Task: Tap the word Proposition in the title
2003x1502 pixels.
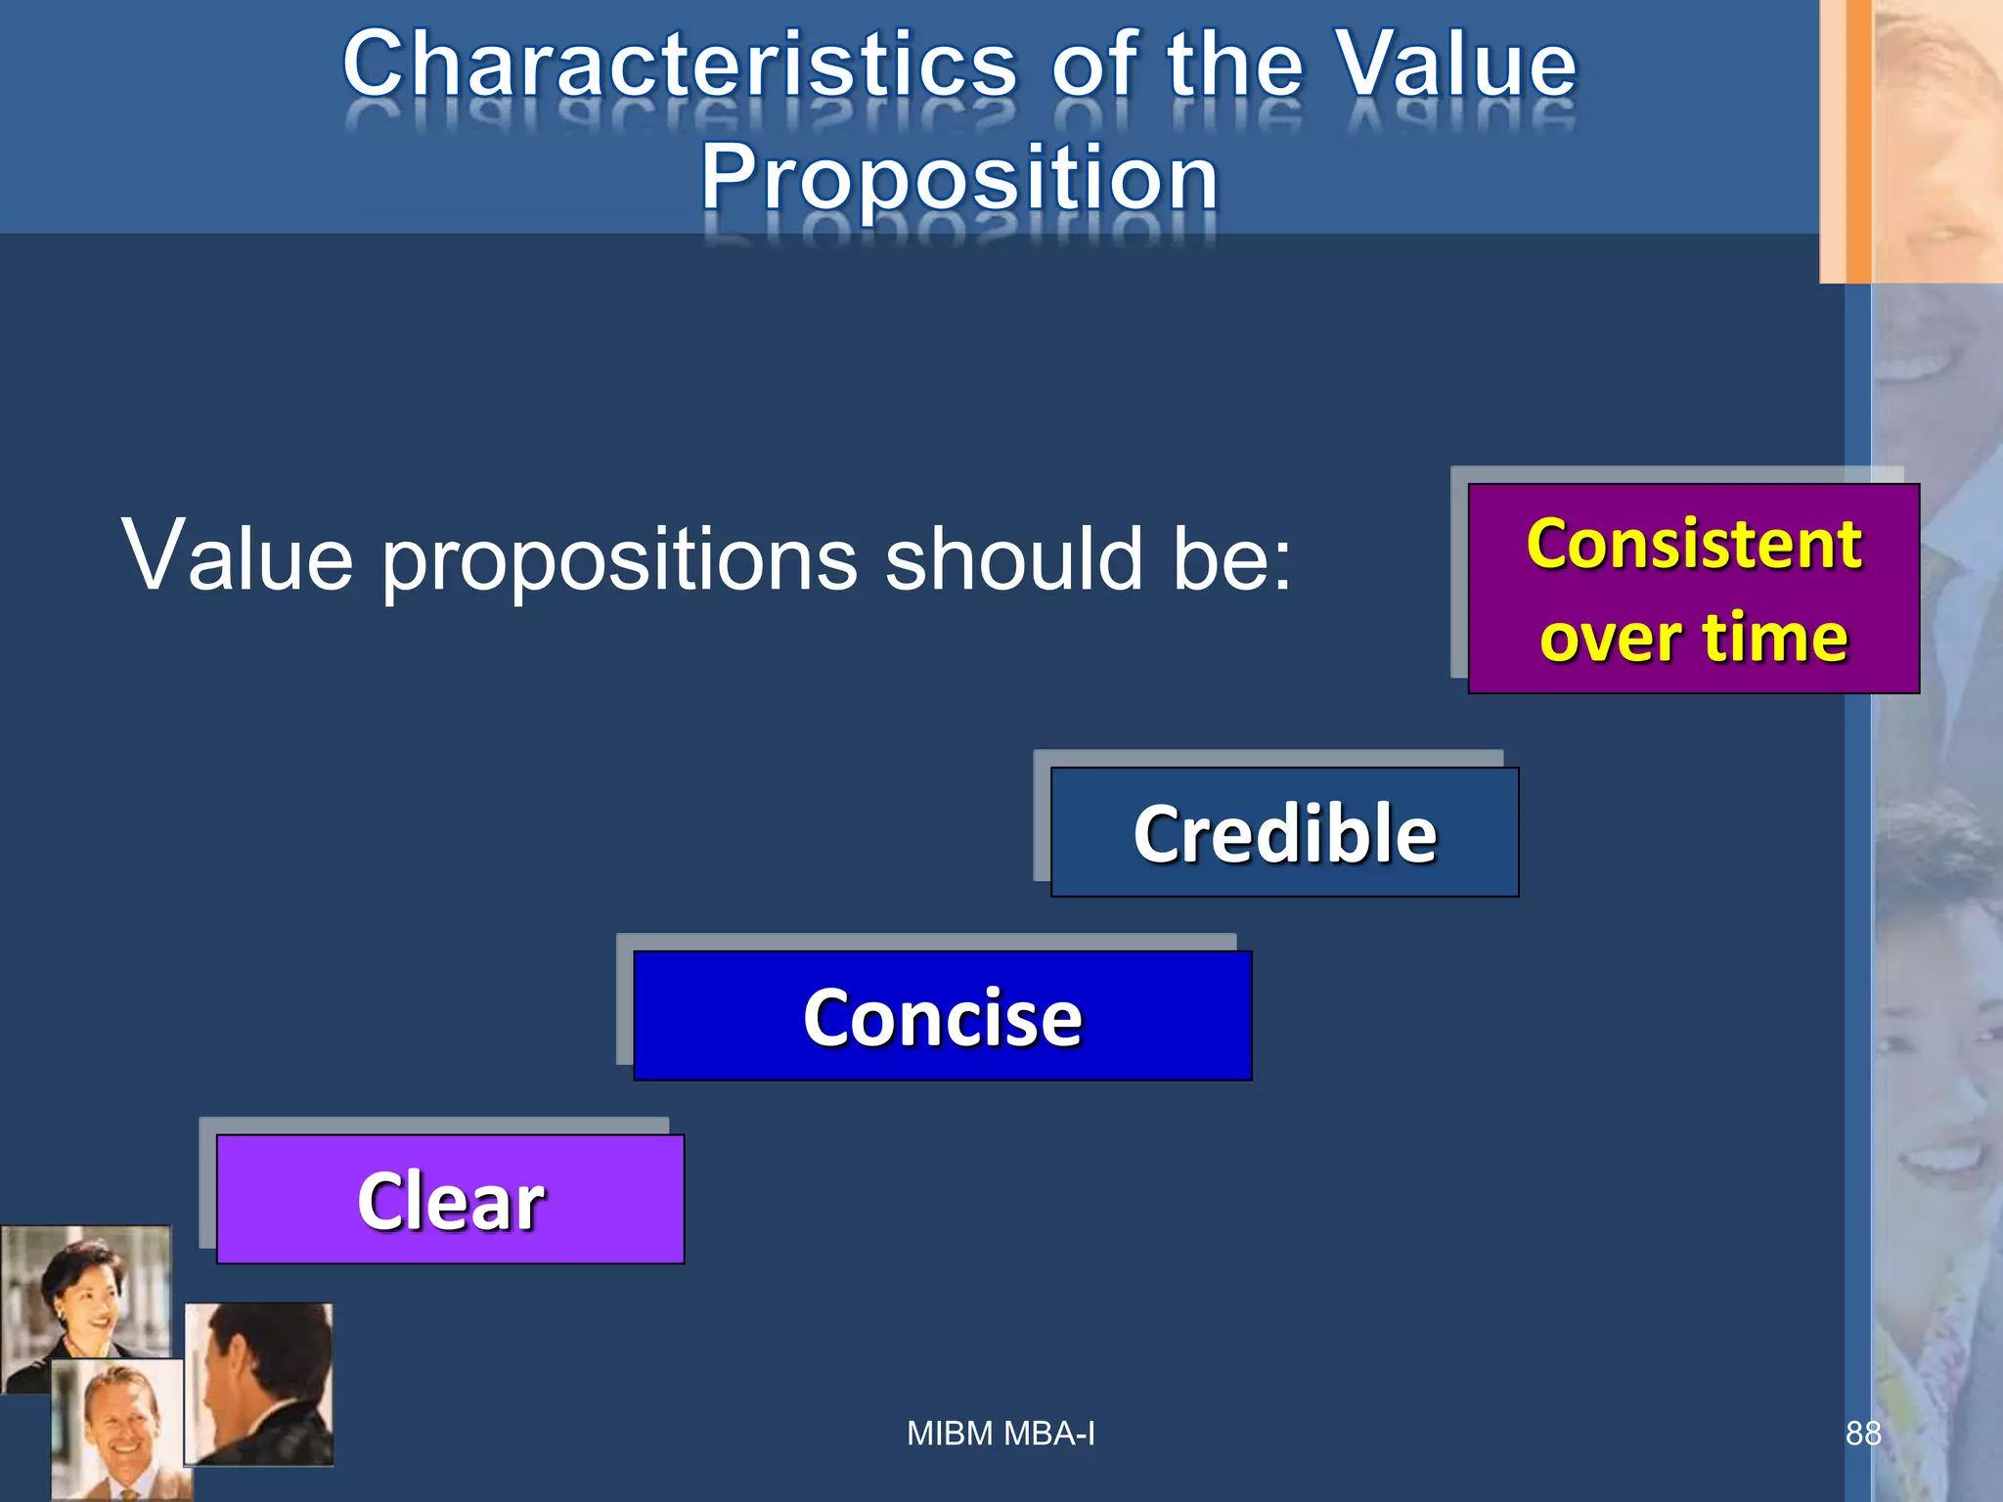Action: point(959,178)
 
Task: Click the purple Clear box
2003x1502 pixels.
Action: point(450,1200)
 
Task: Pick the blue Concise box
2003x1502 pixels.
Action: point(942,1016)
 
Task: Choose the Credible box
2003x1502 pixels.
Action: point(1284,832)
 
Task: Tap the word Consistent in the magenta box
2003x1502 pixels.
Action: point(1693,544)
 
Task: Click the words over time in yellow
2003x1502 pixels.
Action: point(1693,637)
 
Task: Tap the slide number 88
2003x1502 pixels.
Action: point(1862,1434)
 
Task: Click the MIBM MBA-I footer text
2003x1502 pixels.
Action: point(1001,1434)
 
